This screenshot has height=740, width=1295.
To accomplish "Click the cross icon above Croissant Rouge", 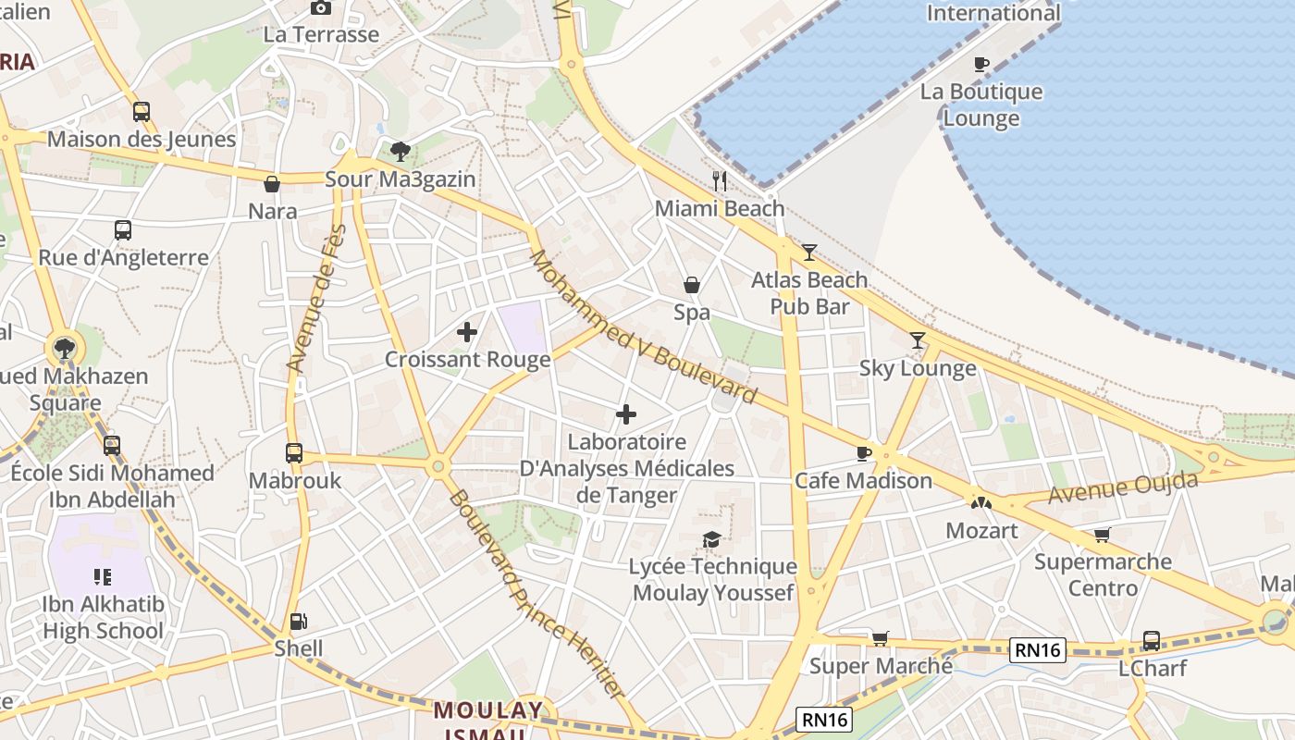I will click(x=467, y=331).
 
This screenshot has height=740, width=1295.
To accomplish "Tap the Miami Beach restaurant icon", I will click(x=720, y=180).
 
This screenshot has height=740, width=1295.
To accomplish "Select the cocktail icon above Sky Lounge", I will click(x=917, y=340).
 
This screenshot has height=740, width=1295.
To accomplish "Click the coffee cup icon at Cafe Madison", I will click(x=863, y=453).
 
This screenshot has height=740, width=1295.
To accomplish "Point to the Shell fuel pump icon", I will click(x=298, y=622).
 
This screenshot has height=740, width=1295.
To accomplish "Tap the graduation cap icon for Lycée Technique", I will click(x=711, y=539).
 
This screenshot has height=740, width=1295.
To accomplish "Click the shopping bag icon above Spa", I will click(x=691, y=285).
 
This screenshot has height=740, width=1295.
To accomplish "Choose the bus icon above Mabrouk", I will click(x=294, y=453).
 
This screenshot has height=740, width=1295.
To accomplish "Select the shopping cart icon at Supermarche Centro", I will click(x=1101, y=535).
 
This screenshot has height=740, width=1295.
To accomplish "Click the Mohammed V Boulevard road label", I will click(x=642, y=327).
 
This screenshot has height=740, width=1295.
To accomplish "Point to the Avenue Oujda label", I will click(x=1123, y=487).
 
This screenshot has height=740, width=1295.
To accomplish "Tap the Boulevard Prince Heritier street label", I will click(x=536, y=594).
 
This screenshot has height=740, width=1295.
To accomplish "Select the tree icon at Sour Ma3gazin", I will click(x=400, y=151).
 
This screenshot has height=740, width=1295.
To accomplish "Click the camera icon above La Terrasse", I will click(x=321, y=7).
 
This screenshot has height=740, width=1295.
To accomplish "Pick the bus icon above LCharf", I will click(x=1152, y=640).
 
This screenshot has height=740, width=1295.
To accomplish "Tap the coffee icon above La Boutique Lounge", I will click(x=980, y=64).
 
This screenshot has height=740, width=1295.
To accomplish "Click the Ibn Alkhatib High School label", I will click(x=103, y=618).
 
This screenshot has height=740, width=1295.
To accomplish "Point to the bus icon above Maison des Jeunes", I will click(x=142, y=112).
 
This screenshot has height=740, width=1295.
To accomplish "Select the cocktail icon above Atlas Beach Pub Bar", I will click(x=809, y=252).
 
